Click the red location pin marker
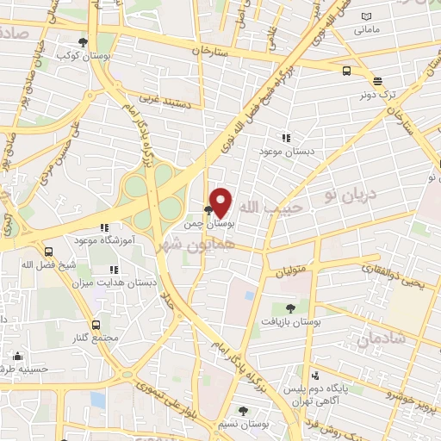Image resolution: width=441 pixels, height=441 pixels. [x=221, y=202]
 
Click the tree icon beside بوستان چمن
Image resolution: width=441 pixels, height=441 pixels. [x=208, y=209]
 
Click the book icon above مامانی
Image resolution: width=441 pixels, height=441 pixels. [x=366, y=17]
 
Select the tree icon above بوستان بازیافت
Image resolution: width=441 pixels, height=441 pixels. [x=289, y=307]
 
